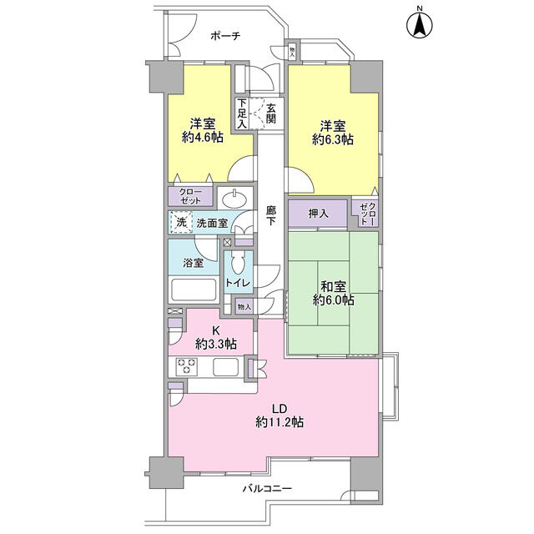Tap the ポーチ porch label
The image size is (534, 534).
tap(225, 35)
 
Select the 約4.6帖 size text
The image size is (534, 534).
tap(203, 138)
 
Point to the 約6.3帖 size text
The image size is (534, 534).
tap(333, 139)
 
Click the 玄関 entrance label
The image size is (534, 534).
tap(271, 113)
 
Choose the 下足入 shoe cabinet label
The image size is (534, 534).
tap(242, 113)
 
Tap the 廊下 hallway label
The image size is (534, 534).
tap(271, 215)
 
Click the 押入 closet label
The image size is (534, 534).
tap(319, 214)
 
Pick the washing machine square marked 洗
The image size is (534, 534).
tap(181, 223)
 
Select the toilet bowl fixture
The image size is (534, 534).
tap(237, 262)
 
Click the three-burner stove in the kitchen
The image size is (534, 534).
tap(186, 365)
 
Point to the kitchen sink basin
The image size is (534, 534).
tap(225, 367)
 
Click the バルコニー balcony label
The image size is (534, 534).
tap(267, 489)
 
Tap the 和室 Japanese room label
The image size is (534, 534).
tap(333, 286)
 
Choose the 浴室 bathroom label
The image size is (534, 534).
tap(193, 263)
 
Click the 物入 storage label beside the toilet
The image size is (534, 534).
tap(244, 307)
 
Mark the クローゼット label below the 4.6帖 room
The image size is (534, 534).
tap(191, 196)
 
